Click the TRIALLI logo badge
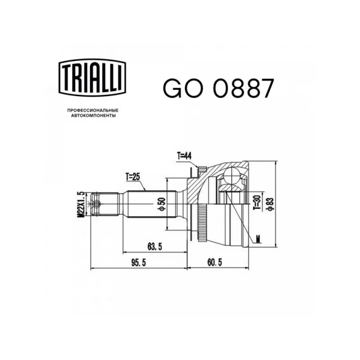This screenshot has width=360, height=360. coord(92,77)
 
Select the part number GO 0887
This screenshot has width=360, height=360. coord(218,88)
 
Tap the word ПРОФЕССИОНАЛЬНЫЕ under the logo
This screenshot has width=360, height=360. coord(93,110)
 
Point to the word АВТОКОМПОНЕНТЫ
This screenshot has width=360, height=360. coord(93,116)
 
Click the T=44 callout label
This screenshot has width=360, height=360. coord(184,156)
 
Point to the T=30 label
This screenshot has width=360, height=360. coord(257,202)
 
